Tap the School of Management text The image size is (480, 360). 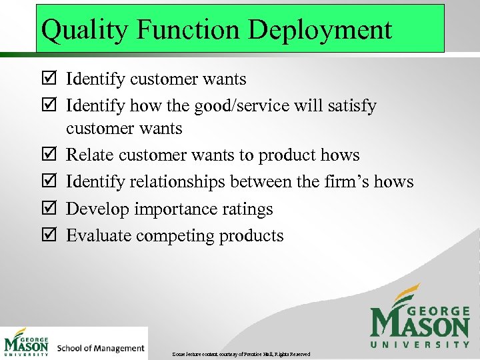[101, 348]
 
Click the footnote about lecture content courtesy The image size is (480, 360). [241, 353]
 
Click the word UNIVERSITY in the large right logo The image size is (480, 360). [420, 345]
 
